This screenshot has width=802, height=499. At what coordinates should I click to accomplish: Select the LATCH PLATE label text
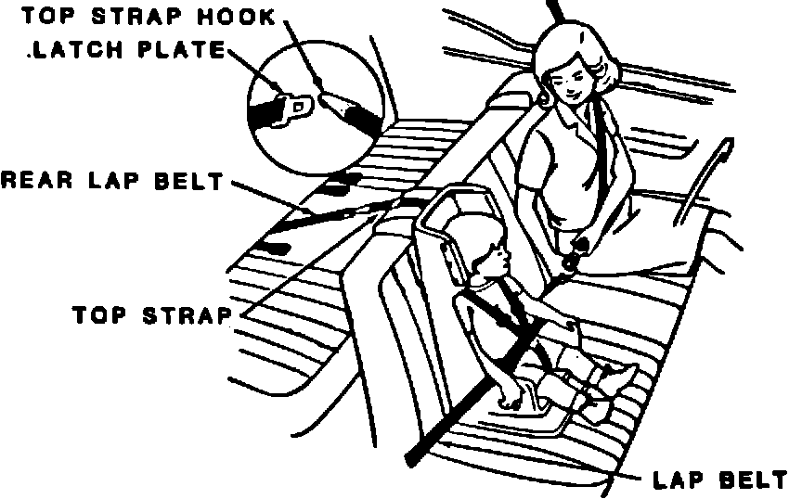[127, 50]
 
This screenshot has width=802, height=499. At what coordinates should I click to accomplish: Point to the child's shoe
[620, 376]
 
